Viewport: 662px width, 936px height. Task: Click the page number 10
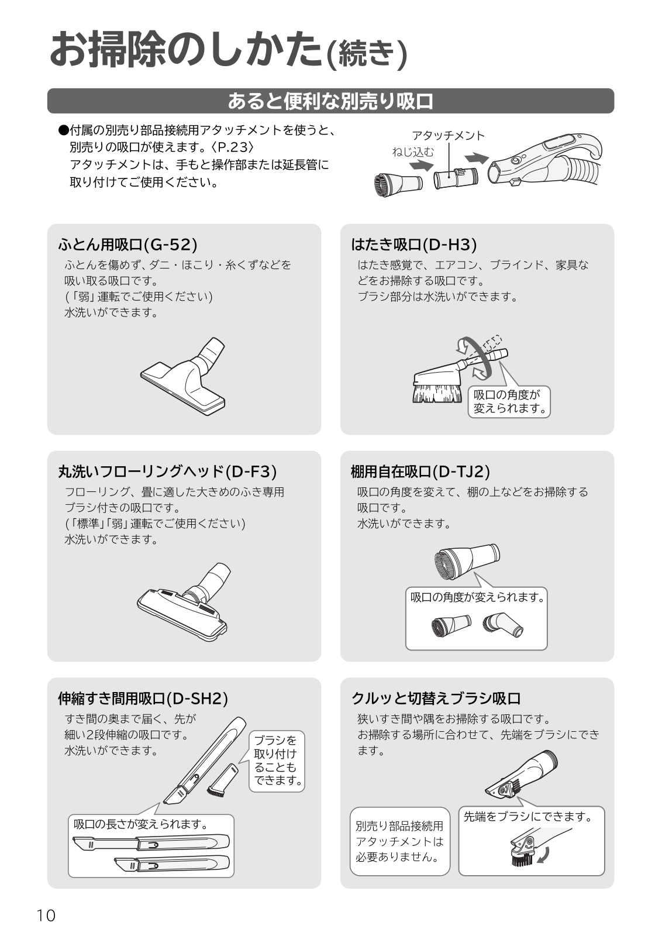[x=46, y=916]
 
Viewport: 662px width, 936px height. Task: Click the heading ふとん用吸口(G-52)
[x=127, y=245]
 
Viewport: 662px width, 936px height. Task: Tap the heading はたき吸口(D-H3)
[x=413, y=245]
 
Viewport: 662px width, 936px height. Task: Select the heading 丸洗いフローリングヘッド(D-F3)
[x=167, y=472]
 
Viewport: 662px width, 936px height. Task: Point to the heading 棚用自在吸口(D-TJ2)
[x=420, y=472]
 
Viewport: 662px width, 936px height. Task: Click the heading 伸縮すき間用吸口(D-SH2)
[x=143, y=698]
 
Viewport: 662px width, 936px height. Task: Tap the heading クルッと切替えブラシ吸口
[x=436, y=698]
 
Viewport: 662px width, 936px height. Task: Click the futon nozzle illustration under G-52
[x=183, y=377]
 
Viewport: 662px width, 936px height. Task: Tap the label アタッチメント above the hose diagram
[x=448, y=135]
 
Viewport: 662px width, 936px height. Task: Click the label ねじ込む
[x=413, y=152]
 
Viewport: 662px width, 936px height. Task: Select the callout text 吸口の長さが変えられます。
[x=141, y=824]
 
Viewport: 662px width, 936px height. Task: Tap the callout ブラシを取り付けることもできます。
[x=277, y=760]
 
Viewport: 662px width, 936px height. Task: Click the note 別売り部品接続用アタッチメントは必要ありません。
[x=399, y=841]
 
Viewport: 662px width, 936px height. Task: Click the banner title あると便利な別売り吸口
[x=330, y=101]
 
